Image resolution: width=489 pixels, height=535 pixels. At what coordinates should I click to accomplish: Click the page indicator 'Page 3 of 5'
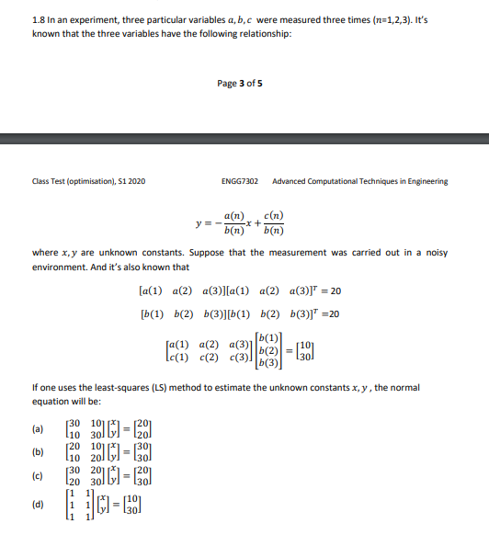[240, 84]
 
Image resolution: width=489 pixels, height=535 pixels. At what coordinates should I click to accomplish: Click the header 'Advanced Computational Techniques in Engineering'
[360, 181]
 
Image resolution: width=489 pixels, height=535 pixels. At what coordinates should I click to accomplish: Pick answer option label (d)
[37, 505]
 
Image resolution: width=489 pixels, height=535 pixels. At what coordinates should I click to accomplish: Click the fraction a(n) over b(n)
[233, 224]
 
